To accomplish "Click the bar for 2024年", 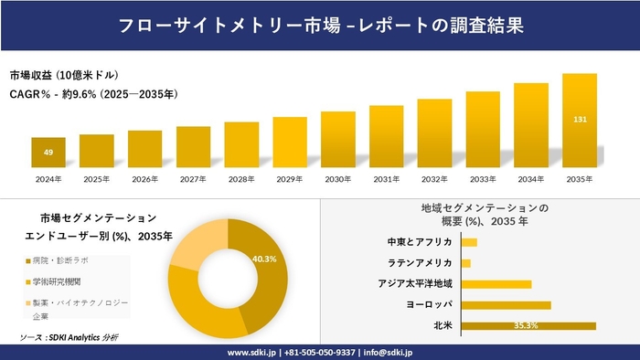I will click(x=48, y=153).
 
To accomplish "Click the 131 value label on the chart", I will click(x=580, y=120).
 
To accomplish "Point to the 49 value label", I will click(x=48, y=152).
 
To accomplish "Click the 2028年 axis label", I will click(x=241, y=178).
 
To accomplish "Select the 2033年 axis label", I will click(x=483, y=178).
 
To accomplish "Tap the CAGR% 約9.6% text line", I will click(x=94, y=93).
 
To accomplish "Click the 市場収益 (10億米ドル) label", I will click(x=65, y=74).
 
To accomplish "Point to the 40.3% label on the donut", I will click(x=264, y=259).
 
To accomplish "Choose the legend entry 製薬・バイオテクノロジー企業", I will click(x=75, y=308).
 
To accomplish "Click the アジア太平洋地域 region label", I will click(x=415, y=284).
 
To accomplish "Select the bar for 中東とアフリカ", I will click(x=469, y=242).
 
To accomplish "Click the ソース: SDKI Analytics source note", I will click(x=69, y=337).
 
